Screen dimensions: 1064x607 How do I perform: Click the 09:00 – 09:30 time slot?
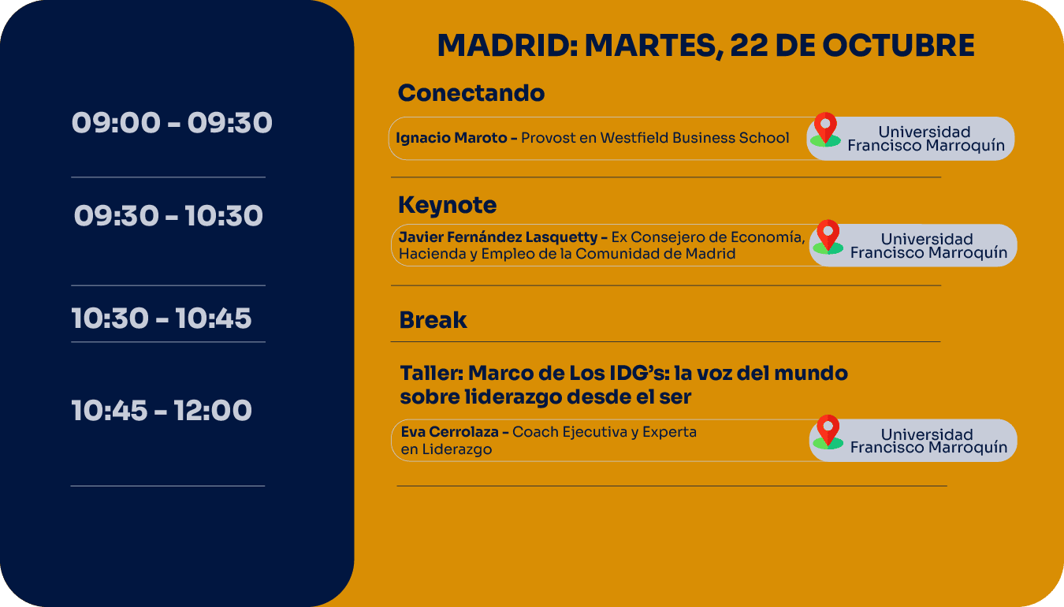click(x=172, y=122)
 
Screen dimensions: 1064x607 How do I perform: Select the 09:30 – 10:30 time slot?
click(x=168, y=216)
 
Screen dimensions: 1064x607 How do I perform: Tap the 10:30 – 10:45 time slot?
click(x=162, y=318)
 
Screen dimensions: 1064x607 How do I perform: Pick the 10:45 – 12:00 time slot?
click(x=162, y=411)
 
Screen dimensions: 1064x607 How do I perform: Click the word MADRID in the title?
click(x=507, y=46)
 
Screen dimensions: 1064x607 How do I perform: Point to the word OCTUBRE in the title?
click(x=898, y=46)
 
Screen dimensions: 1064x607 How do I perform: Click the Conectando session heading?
click(x=471, y=92)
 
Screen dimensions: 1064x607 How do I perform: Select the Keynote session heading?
click(x=448, y=205)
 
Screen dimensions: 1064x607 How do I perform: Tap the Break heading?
click(x=433, y=319)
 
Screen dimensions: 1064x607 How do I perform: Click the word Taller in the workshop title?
click(x=431, y=373)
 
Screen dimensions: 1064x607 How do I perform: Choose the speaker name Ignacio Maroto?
click(x=452, y=138)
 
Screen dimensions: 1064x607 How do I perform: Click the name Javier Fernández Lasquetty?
click(x=498, y=237)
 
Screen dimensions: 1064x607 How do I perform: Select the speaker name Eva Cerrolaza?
click(x=449, y=432)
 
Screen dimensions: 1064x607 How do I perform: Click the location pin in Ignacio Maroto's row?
click(x=825, y=129)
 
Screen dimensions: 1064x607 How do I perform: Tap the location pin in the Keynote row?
click(x=828, y=236)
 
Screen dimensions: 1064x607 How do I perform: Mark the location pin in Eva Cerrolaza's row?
click(x=828, y=432)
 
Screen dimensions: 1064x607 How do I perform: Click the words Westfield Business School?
click(x=694, y=138)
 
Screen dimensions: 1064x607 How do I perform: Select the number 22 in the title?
click(x=749, y=46)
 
